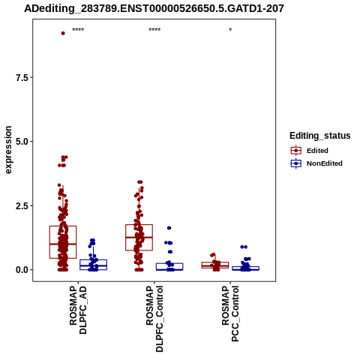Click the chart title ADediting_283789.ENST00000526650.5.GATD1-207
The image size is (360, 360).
pos(154,8)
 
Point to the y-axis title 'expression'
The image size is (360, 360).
pos(8,150)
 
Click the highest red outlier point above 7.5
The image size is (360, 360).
pos(63,33)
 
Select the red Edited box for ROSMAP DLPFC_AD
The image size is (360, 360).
pos(63,242)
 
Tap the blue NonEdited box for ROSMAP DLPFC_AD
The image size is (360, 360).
pos(94,265)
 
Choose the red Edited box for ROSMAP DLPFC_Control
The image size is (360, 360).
pos(139,238)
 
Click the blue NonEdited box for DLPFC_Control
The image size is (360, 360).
pos(169,266)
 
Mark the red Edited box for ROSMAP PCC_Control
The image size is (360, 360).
pos(215,265)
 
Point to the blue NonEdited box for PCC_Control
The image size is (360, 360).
pos(246,268)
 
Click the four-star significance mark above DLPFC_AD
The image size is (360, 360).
pos(78,30)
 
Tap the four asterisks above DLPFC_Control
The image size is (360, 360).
pos(154,30)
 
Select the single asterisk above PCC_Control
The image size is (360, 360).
pos(230,30)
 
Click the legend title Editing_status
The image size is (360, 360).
pos(320,136)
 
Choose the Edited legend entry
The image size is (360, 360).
pos(309,151)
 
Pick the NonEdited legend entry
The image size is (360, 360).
pos(316,163)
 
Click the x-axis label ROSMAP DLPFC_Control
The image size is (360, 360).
pos(154,319)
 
